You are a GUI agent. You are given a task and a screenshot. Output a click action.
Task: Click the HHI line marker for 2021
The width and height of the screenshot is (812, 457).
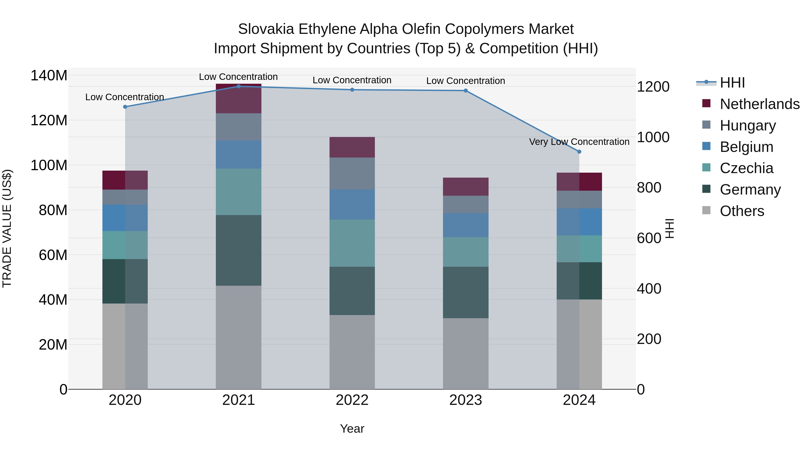tap(239, 86)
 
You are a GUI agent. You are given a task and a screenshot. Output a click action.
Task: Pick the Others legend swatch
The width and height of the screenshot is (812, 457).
tap(706, 210)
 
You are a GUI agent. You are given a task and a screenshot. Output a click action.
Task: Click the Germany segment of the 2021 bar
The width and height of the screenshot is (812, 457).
tap(239, 251)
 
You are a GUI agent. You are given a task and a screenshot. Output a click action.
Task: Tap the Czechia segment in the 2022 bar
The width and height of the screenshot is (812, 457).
tap(352, 243)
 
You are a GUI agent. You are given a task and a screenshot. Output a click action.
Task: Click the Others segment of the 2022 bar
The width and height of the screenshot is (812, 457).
tap(352, 352)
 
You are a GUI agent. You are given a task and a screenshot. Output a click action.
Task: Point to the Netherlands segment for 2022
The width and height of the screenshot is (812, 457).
tap(352, 147)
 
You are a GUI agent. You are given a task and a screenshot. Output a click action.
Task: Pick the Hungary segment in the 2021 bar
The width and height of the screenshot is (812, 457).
tap(239, 127)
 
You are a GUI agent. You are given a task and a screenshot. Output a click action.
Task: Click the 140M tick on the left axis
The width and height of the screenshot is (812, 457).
tap(49, 76)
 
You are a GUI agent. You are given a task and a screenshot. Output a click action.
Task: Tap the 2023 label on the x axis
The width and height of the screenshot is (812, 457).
tap(466, 400)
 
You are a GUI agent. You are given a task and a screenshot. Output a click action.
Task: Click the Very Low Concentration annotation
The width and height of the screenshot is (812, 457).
tap(579, 142)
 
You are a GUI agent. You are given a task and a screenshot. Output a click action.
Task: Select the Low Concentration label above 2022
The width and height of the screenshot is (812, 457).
tap(352, 80)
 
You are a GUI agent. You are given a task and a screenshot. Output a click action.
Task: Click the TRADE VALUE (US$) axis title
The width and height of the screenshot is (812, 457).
tap(7, 228)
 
